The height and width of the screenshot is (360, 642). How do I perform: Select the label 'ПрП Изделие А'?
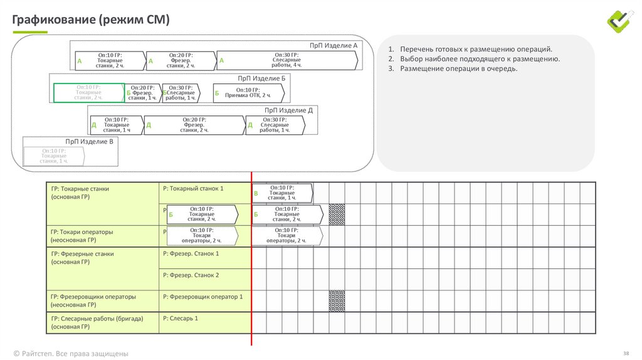pos(334,46)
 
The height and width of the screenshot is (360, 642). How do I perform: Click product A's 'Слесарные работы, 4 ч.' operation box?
pos(287,60)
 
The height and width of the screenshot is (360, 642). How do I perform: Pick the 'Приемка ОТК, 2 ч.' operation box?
pos(248,93)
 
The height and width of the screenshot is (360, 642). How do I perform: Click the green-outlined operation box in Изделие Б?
pos(88,93)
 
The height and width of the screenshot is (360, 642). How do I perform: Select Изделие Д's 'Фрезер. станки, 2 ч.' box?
pos(194,125)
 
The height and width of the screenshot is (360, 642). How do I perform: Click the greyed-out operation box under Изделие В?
pos(54,156)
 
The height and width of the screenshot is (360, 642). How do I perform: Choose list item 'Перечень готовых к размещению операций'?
pos(476,49)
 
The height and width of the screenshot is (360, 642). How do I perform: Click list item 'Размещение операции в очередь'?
pos(459,68)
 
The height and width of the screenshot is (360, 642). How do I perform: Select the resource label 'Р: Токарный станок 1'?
pos(192,188)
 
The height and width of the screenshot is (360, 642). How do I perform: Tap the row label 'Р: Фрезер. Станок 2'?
pos(191,275)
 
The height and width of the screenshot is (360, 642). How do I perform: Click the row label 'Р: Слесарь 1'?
pos(180,319)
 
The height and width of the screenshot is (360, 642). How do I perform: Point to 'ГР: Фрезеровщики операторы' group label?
pos(93,297)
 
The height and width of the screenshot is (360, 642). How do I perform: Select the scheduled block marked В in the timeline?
pos(282,193)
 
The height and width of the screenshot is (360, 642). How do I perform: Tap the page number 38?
pos(626,353)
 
